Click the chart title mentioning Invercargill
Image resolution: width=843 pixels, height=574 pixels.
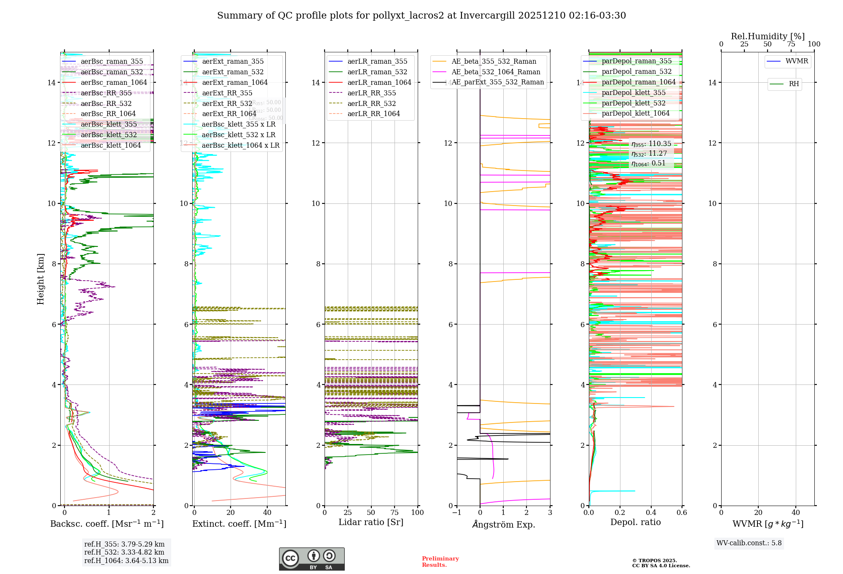tap(421, 16)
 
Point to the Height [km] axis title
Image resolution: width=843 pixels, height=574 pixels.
tap(40, 279)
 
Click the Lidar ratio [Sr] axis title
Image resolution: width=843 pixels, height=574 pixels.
tap(371, 522)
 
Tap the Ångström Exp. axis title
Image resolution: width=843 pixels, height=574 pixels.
tap(504, 525)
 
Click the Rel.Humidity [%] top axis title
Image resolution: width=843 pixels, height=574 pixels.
tap(768, 36)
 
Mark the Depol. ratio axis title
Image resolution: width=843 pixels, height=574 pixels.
tap(636, 522)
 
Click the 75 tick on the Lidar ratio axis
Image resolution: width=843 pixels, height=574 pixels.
tap(395, 512)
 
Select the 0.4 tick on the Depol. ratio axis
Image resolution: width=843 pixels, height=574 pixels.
tap(651, 512)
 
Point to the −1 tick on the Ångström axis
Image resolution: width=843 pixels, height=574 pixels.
tap(456, 512)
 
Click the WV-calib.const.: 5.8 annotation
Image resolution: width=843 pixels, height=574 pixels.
tap(749, 543)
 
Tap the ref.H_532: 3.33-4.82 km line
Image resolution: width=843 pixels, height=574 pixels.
tap(124, 552)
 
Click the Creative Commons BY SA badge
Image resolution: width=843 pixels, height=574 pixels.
tap(311, 559)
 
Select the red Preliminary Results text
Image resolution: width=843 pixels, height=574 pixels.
tap(440, 562)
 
